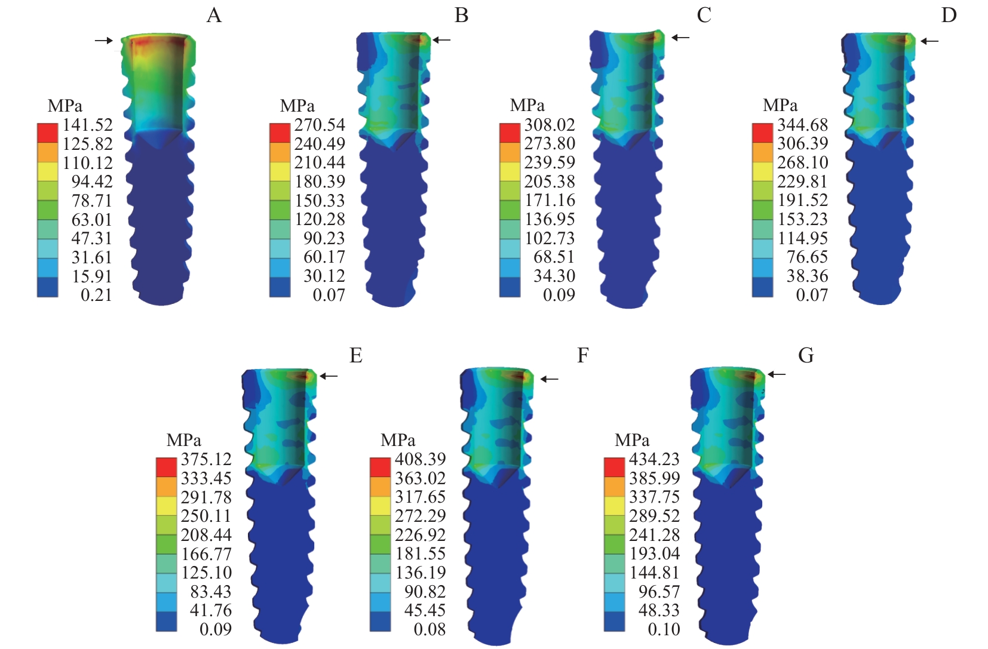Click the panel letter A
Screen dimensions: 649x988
(214, 15)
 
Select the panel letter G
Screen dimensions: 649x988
(806, 356)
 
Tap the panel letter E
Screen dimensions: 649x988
(356, 356)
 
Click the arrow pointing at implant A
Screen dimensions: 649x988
(103, 41)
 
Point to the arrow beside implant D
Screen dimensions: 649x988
(929, 41)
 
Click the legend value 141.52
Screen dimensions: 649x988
(88, 125)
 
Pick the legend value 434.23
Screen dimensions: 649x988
(655, 459)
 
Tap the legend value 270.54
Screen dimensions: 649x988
(320, 125)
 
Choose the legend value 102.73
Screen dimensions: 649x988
(550, 238)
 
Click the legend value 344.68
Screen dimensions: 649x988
(803, 125)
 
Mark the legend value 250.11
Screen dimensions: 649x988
(206, 516)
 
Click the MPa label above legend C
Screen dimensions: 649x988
(527, 106)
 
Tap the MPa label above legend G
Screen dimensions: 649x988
(632, 441)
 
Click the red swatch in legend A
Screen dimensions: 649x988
(48, 133)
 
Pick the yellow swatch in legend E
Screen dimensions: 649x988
(167, 506)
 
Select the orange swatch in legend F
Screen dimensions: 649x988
(381, 487)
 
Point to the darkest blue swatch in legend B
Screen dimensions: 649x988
(280, 287)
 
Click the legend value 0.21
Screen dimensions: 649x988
(96, 295)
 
